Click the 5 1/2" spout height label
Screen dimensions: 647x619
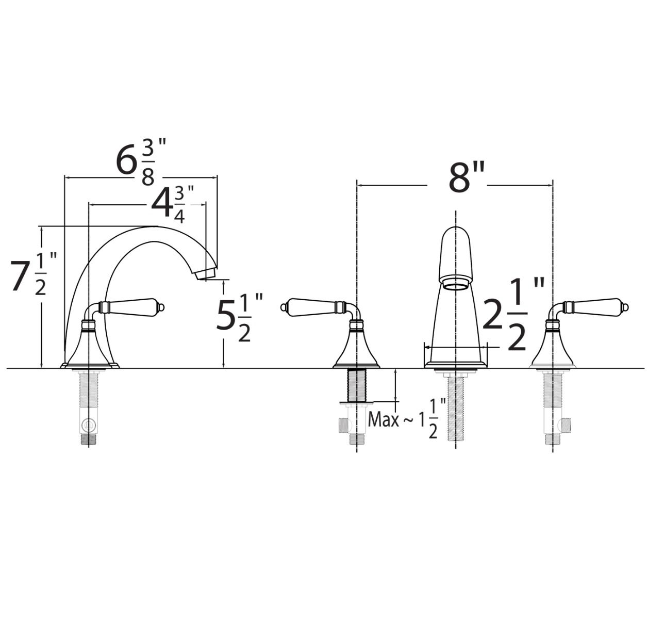(239, 317)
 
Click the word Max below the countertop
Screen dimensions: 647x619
(383, 419)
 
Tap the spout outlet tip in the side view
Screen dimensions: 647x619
(206, 274)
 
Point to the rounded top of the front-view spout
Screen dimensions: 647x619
(456, 233)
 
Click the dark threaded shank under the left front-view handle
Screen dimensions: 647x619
(356, 385)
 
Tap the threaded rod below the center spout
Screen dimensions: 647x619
(456, 409)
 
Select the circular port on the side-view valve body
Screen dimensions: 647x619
(88, 425)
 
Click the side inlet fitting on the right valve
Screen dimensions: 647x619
(566, 425)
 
